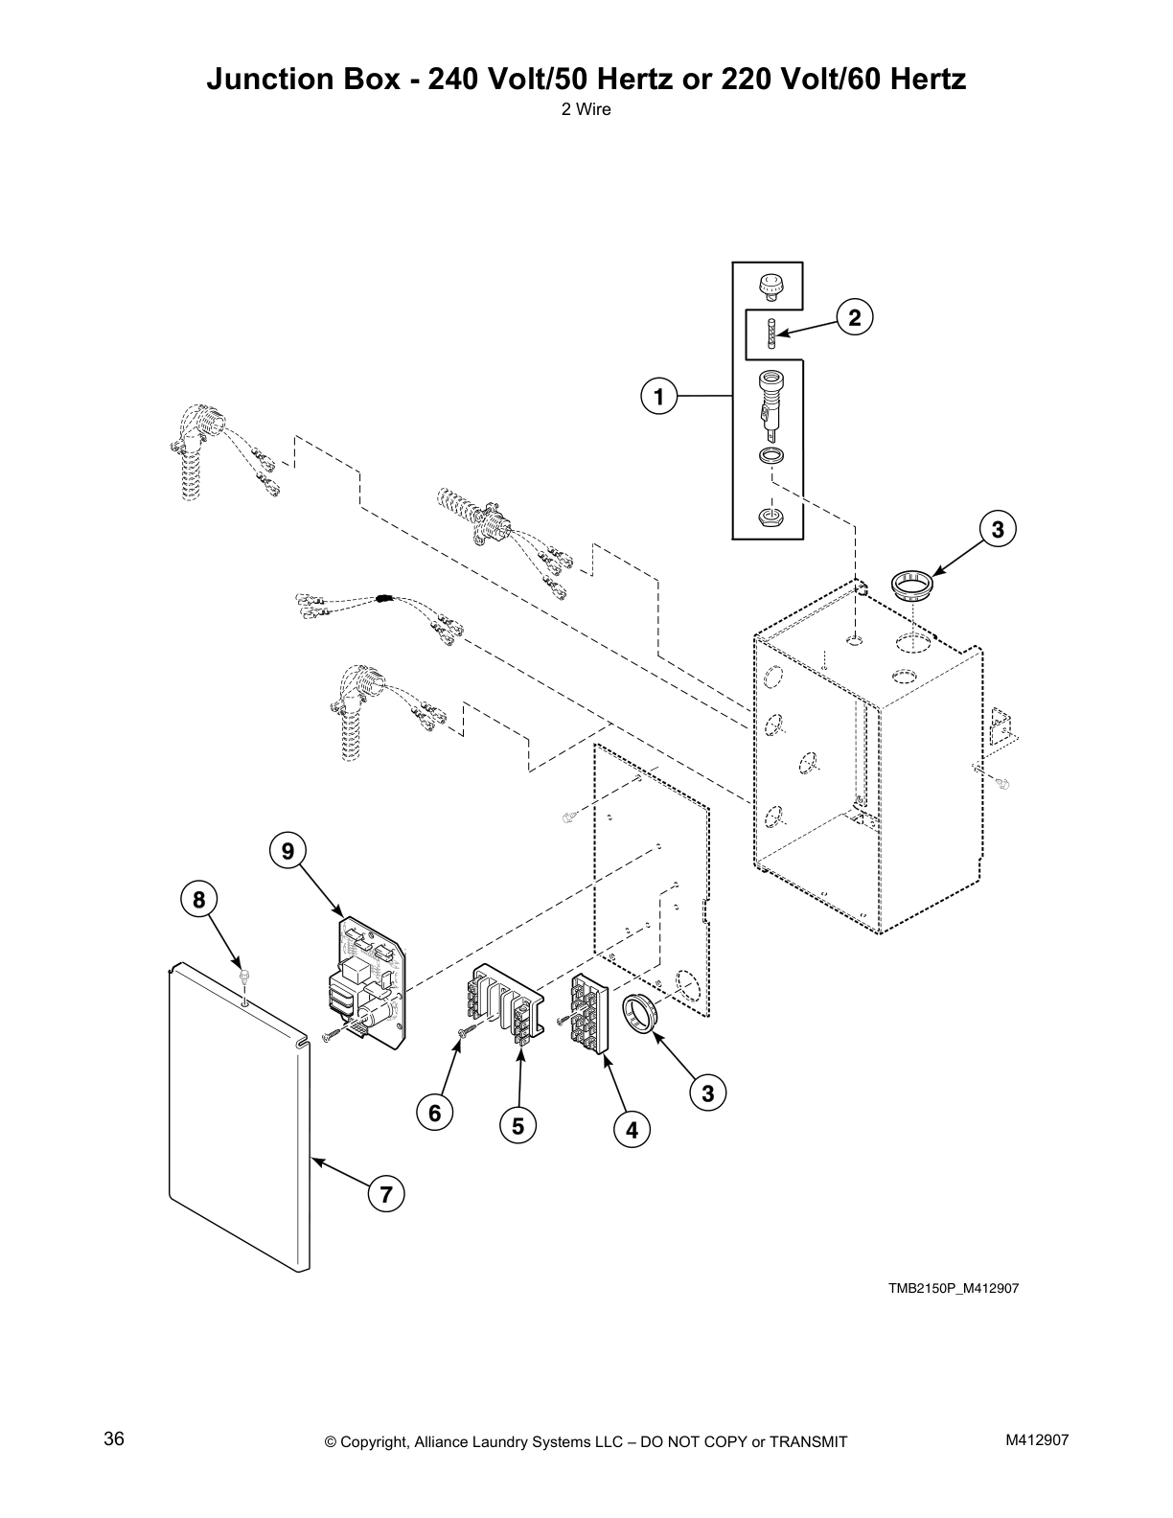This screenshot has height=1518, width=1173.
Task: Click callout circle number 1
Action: point(658,395)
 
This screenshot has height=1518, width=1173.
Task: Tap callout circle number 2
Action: point(855,317)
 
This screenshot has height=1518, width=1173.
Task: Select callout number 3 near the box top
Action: point(998,529)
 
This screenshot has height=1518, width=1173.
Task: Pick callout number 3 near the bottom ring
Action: point(707,1093)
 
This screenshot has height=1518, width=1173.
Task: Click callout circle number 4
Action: point(632,1130)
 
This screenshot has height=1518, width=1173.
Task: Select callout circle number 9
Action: point(287,849)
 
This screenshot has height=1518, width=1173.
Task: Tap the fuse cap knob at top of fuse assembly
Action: point(769,285)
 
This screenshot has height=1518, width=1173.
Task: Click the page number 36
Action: point(114,1439)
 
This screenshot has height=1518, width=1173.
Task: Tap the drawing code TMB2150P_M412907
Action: point(953,1288)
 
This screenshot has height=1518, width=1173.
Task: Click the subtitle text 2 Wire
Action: point(586,109)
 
